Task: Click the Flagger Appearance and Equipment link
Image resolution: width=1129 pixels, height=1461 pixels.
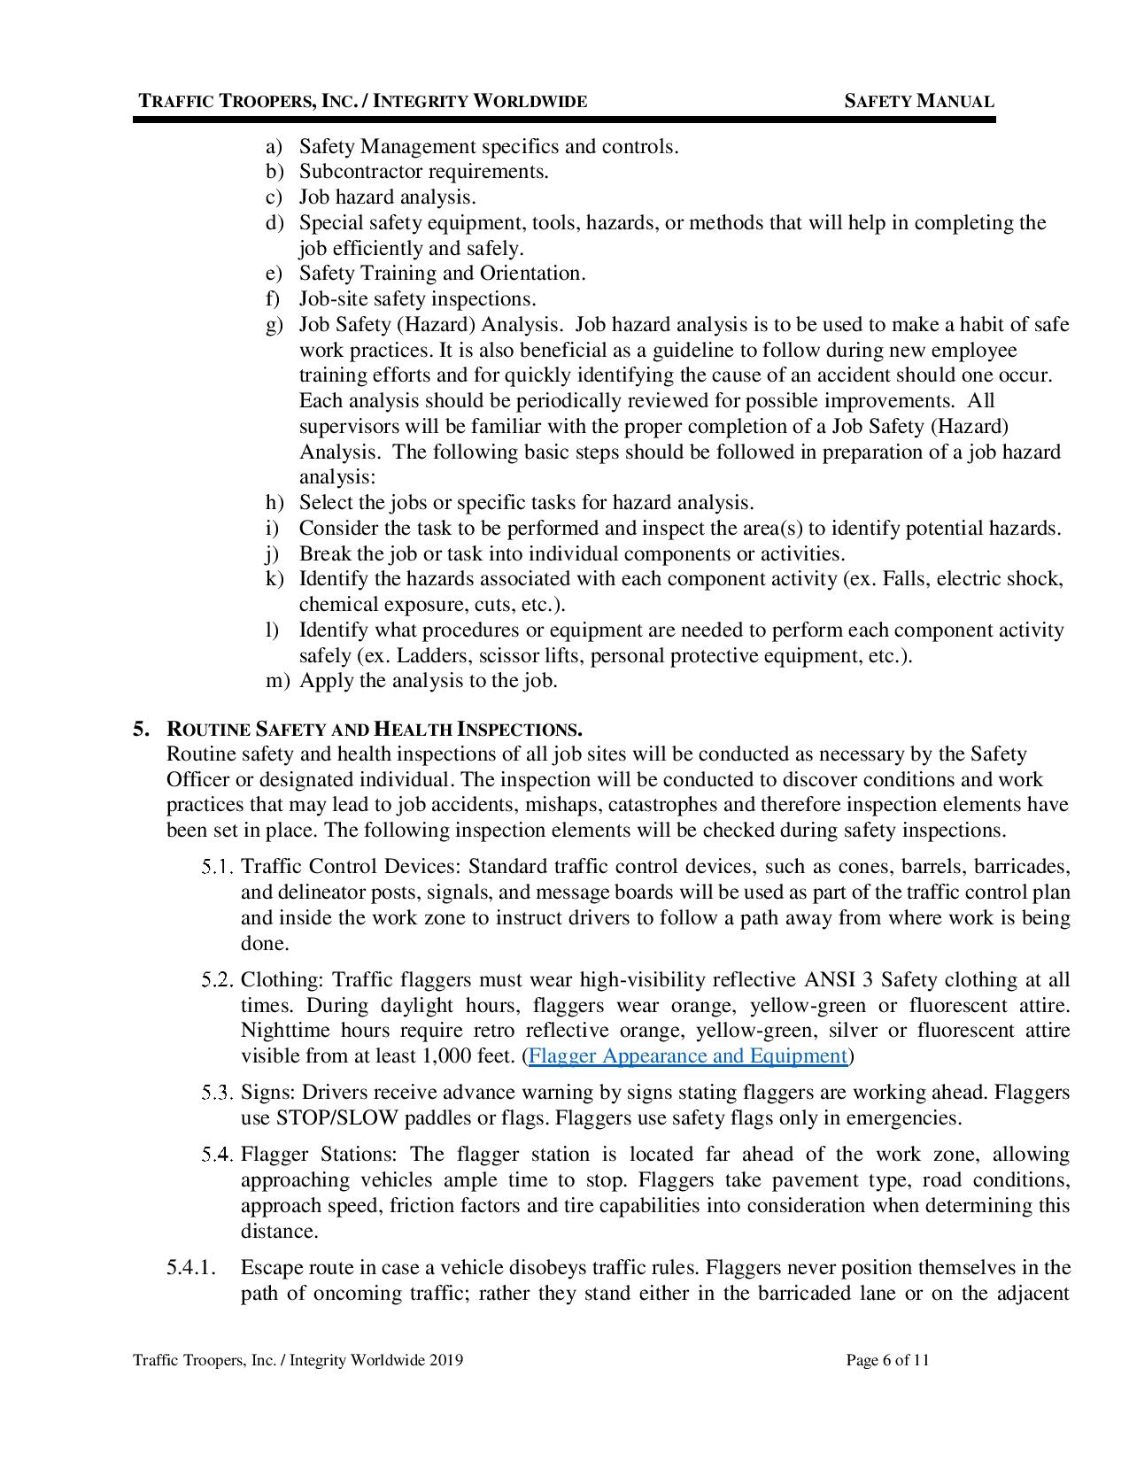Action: point(688,1056)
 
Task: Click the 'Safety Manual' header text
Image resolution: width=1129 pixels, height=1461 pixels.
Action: point(919,102)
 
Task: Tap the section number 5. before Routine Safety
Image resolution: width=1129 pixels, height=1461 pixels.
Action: point(140,730)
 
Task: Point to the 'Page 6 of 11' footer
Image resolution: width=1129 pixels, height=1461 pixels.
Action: point(887,1360)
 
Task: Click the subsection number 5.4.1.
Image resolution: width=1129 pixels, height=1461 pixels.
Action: point(191,1268)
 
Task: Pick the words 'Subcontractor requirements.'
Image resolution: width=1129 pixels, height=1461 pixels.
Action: point(423,172)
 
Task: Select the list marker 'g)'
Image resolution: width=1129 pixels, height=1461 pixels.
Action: point(275,325)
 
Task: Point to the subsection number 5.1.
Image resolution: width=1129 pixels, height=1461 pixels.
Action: point(217,867)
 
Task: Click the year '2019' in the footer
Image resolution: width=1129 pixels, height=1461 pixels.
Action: point(445,1360)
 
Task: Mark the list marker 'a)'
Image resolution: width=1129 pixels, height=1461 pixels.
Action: point(275,147)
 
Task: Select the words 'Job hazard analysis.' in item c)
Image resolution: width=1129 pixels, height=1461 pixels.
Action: point(387,197)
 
